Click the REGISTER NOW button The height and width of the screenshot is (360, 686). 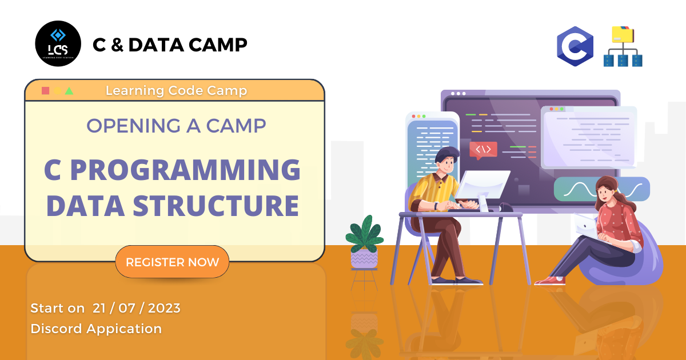click(x=172, y=262)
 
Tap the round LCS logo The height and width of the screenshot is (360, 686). click(x=58, y=43)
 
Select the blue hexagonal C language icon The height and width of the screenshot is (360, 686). click(x=575, y=46)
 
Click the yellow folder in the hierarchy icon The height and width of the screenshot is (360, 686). click(x=623, y=34)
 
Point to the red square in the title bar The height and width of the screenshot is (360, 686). click(x=45, y=91)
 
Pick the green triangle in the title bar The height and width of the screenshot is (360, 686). click(x=69, y=91)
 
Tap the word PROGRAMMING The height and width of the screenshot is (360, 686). click(x=186, y=170)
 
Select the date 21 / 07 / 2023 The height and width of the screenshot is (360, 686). click(x=137, y=308)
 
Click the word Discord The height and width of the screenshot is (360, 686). click(x=57, y=329)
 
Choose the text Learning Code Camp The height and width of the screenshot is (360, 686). click(x=177, y=91)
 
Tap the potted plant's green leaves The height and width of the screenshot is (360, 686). click(x=365, y=235)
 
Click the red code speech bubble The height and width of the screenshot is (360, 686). click(x=483, y=150)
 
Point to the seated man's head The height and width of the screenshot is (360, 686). click(x=447, y=160)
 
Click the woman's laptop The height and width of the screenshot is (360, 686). click(x=586, y=227)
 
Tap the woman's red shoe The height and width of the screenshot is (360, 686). click(x=551, y=281)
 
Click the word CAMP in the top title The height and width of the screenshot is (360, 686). click(x=218, y=45)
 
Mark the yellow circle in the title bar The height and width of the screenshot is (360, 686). click(x=57, y=91)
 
